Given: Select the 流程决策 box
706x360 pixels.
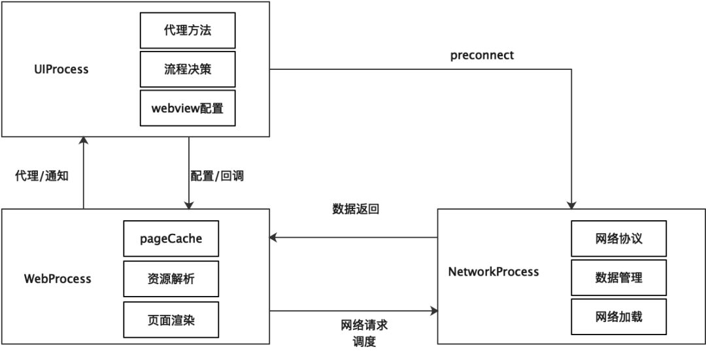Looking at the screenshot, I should click(x=187, y=69).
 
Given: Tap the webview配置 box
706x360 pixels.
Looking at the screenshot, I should click(x=187, y=108).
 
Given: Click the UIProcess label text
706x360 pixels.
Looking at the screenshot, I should click(x=62, y=69).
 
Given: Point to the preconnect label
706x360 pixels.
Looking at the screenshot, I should click(x=482, y=56).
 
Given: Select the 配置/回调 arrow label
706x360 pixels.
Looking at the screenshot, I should click(x=217, y=176).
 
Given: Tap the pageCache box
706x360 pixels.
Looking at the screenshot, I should click(x=171, y=238).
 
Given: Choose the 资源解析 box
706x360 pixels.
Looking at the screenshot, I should click(x=171, y=279).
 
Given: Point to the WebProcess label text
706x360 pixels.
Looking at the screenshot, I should click(x=58, y=279).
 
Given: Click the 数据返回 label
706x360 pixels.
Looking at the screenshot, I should click(x=356, y=210).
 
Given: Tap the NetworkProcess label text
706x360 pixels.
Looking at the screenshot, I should click(x=494, y=271).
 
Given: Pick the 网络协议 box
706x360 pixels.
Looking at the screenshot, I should click(x=618, y=238).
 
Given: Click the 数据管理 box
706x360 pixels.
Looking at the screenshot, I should click(x=618, y=278).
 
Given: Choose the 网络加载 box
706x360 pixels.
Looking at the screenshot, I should click(x=618, y=317).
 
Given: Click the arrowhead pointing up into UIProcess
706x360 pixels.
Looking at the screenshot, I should click(x=84, y=141).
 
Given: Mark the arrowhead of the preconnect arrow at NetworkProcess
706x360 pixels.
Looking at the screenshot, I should click(x=572, y=205).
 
